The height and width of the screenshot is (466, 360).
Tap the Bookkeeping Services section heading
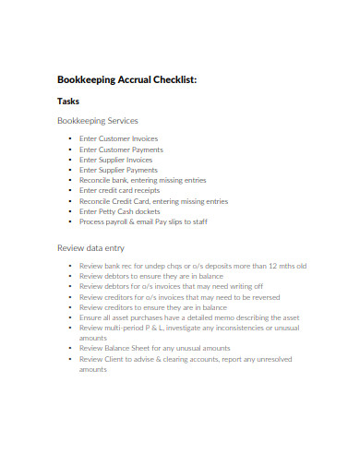[98, 121]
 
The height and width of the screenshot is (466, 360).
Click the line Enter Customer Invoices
[118, 138]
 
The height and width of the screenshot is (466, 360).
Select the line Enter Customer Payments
[121, 149]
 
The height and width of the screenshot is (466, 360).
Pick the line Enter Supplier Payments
[118, 170]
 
